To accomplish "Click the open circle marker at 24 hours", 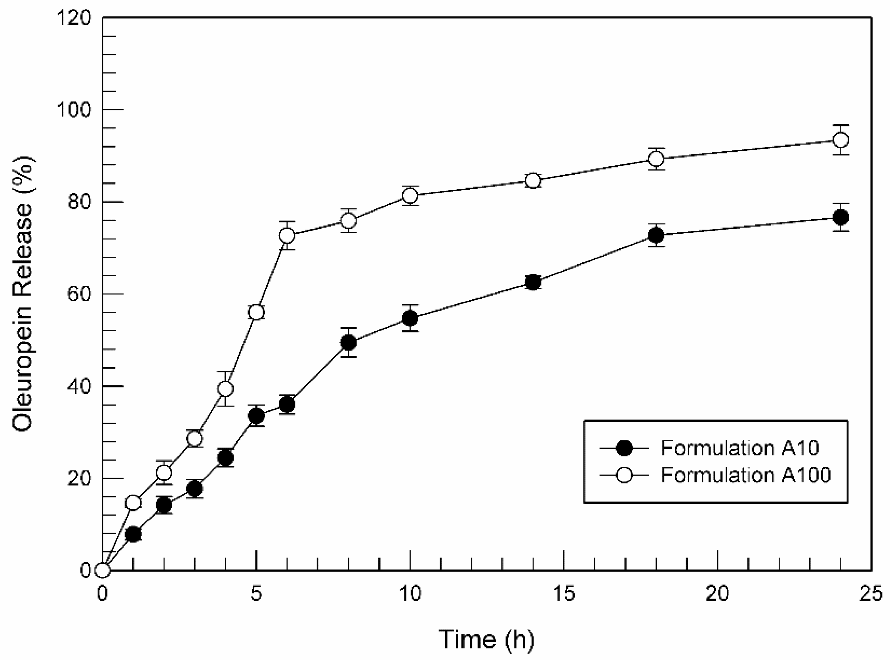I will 840,140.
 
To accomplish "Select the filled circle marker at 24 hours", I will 840,218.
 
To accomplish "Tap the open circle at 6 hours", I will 287,235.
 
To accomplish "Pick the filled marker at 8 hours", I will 349,342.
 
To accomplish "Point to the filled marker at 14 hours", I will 533,283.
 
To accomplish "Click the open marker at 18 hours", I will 656,159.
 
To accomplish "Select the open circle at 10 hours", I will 410,196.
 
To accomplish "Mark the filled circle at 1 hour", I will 133,534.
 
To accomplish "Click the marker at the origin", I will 103,570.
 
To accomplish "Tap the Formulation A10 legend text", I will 739,448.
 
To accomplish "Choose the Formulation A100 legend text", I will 745,475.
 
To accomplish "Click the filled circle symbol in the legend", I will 625,448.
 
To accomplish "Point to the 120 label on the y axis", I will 74,18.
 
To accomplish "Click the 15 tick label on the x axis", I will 564,594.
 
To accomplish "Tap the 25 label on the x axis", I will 871,594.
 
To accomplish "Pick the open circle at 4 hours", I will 225,389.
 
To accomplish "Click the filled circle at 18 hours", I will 656,235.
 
